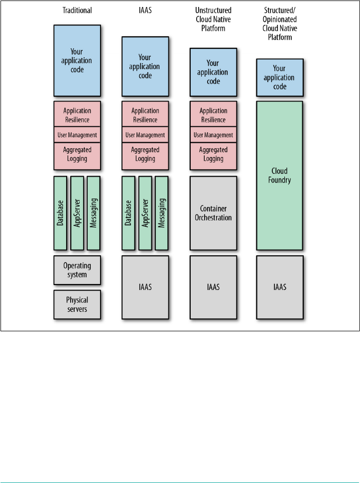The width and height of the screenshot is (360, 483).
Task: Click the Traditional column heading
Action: coord(77,10)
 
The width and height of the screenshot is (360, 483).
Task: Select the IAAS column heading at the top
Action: coord(145,10)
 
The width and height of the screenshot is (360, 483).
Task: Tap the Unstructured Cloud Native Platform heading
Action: coord(213,19)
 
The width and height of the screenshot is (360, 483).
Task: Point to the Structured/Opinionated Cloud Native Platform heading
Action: coord(280,23)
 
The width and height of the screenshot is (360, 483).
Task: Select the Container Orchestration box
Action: coord(213,213)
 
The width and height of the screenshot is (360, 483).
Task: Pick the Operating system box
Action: coord(77,270)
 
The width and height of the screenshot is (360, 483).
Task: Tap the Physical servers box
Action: coord(77,304)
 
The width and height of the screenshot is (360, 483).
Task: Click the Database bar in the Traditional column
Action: coord(60,213)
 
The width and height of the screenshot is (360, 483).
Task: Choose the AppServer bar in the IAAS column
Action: coord(145,213)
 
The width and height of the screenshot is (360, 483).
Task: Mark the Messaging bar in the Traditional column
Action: coord(94,213)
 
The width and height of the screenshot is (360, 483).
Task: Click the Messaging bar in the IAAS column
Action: coord(162,213)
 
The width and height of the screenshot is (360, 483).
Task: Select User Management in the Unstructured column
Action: coord(213,135)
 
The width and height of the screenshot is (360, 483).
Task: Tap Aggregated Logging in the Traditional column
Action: coord(77,154)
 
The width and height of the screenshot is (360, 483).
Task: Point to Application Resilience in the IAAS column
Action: coord(145,115)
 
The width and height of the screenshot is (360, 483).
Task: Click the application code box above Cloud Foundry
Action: coord(280,77)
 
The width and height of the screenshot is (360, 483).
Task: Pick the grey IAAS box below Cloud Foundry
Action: coord(280,287)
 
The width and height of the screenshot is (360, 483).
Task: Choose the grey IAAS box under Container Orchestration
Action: coord(213,287)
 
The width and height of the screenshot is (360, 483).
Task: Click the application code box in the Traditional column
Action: coord(77,61)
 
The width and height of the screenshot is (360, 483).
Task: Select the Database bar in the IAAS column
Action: coord(128,213)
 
